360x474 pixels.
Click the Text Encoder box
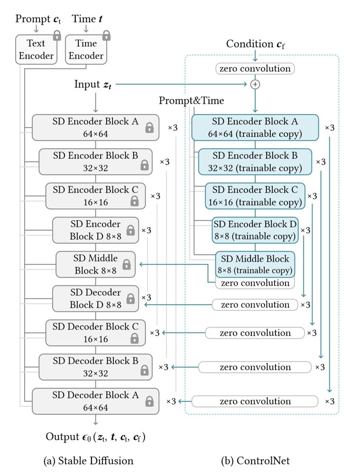[x=36, y=49]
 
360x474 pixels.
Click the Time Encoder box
[x=86, y=49]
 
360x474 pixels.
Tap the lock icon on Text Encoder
[x=57, y=35]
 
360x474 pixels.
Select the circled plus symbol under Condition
[x=255, y=84]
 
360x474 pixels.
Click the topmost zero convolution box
[x=255, y=69]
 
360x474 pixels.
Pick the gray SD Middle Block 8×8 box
[x=95, y=264]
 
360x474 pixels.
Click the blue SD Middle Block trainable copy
[x=255, y=264]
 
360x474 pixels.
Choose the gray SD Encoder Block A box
[x=95, y=128]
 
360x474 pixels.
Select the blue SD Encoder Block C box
[x=255, y=196]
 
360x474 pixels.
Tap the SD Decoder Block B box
[x=95, y=367]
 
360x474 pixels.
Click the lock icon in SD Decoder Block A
[x=149, y=401]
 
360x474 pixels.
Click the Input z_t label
[x=93, y=84]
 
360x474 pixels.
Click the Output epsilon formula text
[x=95, y=437]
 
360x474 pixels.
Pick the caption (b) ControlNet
[x=255, y=460]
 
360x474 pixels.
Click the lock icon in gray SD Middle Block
[x=126, y=264]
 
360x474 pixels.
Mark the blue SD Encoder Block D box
[x=255, y=230]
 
